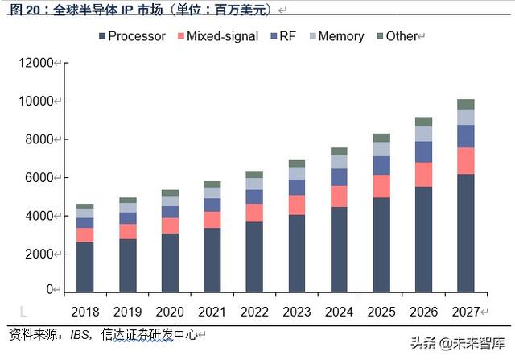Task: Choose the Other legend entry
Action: tap(401, 36)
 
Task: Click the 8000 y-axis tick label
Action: tap(39, 139)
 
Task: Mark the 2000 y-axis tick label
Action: tap(39, 254)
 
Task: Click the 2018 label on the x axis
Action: tap(85, 312)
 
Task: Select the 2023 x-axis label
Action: tap(297, 312)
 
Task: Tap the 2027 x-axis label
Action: tap(466, 312)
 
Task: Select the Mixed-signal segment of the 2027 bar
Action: tap(466, 160)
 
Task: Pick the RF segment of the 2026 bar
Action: tap(423, 151)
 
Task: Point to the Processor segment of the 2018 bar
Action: tap(85, 266)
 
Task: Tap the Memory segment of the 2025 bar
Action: tap(381, 149)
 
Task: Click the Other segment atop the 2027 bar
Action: tap(466, 104)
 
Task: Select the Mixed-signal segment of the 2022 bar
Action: tap(254, 213)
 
